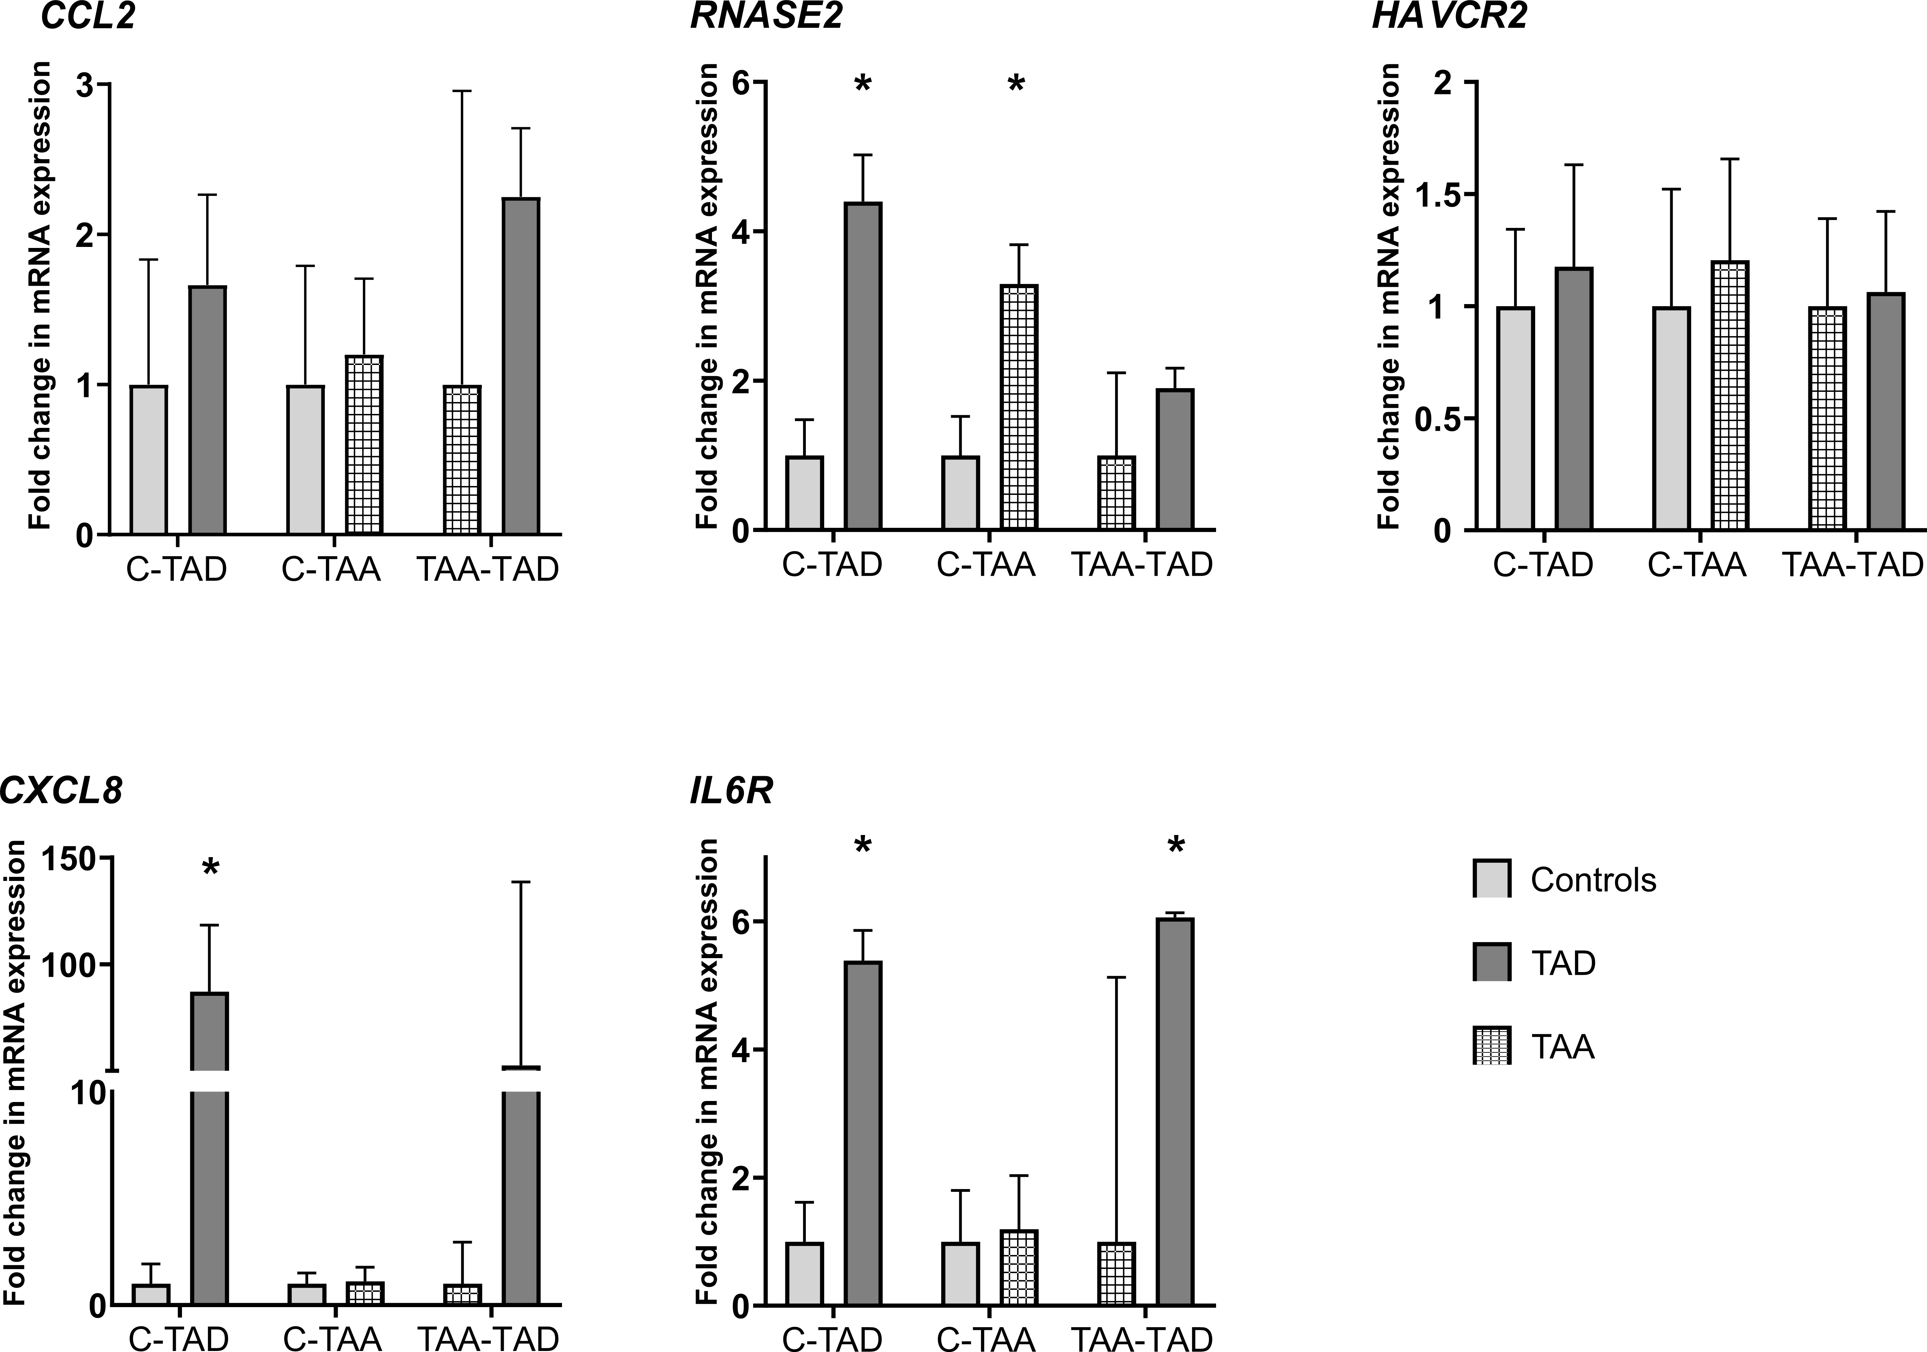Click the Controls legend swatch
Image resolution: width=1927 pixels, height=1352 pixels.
1491,879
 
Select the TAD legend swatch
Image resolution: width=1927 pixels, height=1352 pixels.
1491,962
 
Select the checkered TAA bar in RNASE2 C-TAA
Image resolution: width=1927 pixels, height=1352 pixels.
1019,407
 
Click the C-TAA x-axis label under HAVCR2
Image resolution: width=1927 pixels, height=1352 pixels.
1696,566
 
